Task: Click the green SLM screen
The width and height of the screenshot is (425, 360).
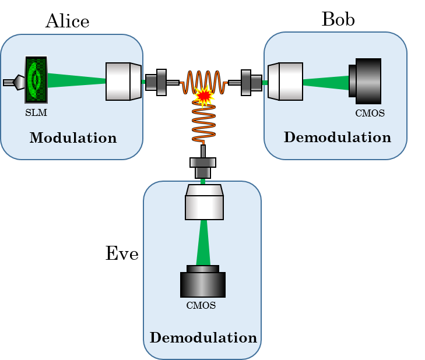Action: [36, 79]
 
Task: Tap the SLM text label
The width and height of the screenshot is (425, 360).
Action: [36, 113]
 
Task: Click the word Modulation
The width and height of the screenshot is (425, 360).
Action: [73, 138]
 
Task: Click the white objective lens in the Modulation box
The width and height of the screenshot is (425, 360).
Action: [123, 82]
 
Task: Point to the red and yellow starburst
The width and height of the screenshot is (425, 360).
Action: [203, 95]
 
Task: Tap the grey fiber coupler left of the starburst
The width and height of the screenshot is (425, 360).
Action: [156, 82]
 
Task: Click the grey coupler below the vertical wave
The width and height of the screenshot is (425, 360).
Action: [203, 167]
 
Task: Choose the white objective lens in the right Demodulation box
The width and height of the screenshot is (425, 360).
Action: [286, 82]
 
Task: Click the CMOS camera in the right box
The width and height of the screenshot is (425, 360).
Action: [366, 81]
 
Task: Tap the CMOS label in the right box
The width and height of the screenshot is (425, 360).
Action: [370, 114]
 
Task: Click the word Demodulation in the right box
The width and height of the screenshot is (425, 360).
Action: [337, 137]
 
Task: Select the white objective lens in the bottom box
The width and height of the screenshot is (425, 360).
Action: [204, 202]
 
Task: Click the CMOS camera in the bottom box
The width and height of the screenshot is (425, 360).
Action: [203, 282]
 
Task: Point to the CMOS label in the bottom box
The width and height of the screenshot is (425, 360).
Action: [201, 306]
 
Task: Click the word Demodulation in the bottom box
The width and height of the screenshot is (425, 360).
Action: [203, 338]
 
